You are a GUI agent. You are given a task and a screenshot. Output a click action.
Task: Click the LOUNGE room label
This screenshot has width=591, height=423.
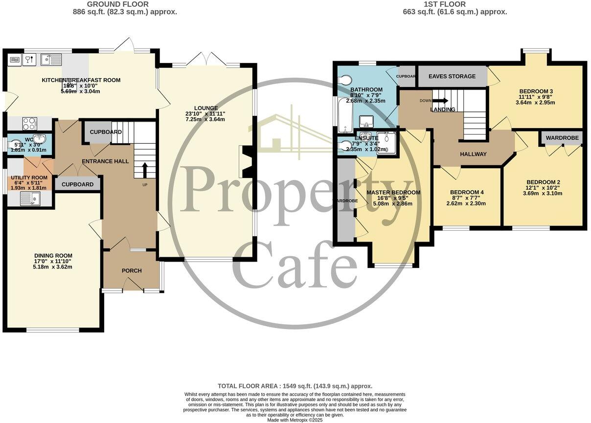(205, 108)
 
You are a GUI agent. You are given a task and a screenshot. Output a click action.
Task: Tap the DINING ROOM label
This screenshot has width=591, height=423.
(53, 255)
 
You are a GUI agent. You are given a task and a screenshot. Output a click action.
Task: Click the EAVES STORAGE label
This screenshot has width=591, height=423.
(452, 76)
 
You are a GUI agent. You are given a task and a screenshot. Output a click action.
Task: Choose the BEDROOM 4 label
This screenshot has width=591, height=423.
(467, 192)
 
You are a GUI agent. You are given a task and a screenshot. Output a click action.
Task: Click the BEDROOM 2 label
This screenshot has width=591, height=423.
(543, 182)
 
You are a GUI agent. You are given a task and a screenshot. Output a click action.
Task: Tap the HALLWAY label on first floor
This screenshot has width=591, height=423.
(473, 154)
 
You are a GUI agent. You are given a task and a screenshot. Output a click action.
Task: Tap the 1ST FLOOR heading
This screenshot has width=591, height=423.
(453, 4)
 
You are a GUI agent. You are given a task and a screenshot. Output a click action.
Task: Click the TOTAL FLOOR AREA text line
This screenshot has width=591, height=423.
(295, 386)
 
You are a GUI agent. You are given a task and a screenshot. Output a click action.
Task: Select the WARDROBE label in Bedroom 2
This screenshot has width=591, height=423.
(562, 138)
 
